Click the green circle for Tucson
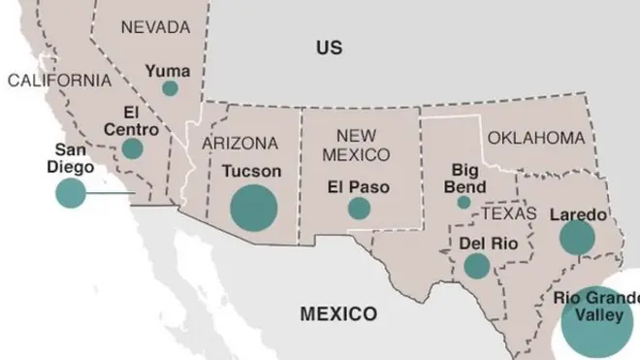click(x=254, y=207)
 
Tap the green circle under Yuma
click(x=170, y=88)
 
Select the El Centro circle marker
click(x=132, y=148)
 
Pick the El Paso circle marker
click(x=359, y=208)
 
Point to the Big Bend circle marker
click(x=464, y=203)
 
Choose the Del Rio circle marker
click(x=476, y=266)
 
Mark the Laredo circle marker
click(x=577, y=238)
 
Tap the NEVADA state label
click(x=155, y=28)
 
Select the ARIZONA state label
click(x=240, y=144)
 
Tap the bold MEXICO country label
click(x=337, y=313)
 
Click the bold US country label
click(x=330, y=47)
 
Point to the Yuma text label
click(x=169, y=70)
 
